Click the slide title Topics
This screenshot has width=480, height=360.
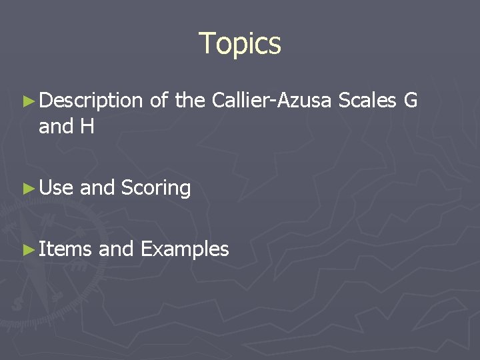[x=240, y=43]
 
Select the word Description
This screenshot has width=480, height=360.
[x=91, y=101]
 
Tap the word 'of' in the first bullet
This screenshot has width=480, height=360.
[x=159, y=101]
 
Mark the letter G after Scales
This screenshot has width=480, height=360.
[x=411, y=101]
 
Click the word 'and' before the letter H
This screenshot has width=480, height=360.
[x=56, y=126]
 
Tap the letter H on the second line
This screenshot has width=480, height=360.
[x=87, y=126]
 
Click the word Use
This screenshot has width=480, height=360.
[x=56, y=189]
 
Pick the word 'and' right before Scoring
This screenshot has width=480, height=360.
[x=97, y=189]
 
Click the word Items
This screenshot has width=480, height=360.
[x=65, y=249]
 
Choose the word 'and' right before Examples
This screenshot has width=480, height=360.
[x=117, y=249]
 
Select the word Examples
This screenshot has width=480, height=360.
[x=185, y=250]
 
